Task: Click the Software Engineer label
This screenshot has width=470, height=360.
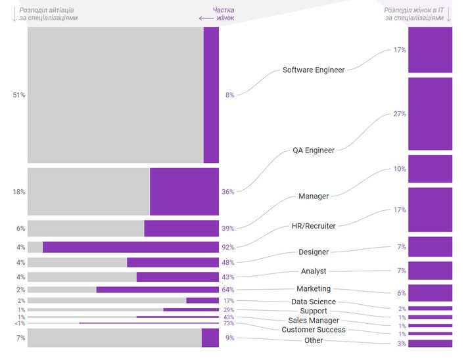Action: pyautogui.click(x=313, y=70)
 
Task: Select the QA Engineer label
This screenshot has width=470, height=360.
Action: pyautogui.click(x=313, y=150)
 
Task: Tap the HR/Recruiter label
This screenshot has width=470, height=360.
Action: pyautogui.click(x=313, y=226)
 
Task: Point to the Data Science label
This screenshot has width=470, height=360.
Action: pyautogui.click(x=314, y=302)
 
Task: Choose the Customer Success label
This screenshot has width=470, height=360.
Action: pyautogui.click(x=314, y=330)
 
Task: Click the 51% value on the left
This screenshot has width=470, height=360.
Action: pyautogui.click(x=19, y=95)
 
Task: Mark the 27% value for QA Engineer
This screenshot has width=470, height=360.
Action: pyautogui.click(x=400, y=114)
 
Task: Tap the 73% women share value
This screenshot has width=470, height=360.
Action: pyautogui.click(x=229, y=323)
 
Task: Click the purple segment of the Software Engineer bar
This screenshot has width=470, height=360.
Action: pyautogui.click(x=211, y=95)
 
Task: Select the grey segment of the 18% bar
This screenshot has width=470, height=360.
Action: pyautogui.click(x=89, y=192)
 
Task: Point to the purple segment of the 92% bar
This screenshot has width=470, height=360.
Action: pyautogui.click(x=130, y=247)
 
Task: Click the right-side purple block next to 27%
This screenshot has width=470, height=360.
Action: pyautogui.click(x=430, y=114)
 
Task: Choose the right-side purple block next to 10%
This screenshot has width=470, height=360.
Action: pyautogui.click(x=430, y=169)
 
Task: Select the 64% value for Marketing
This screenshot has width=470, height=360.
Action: pyautogui.click(x=229, y=289)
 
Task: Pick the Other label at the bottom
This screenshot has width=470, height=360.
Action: pyautogui.click(x=314, y=340)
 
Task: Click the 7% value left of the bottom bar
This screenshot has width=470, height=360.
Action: pyautogui.click(x=20, y=338)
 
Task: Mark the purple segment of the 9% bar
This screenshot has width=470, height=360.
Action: pyautogui.click(x=210, y=338)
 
